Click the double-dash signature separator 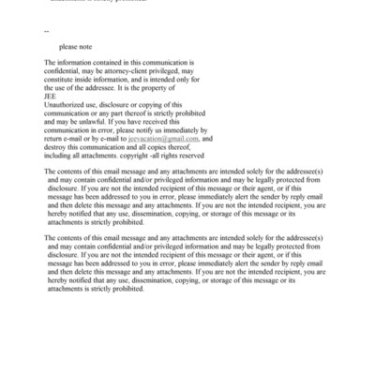[x=46, y=32]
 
